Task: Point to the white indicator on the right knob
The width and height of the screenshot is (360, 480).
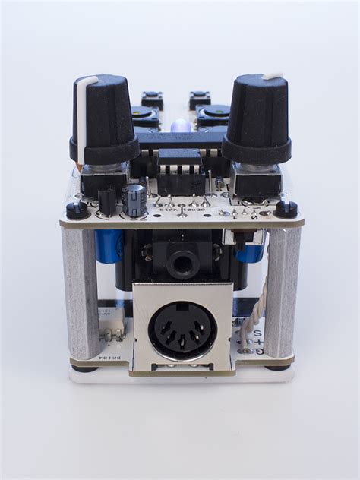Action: click(x=272, y=76)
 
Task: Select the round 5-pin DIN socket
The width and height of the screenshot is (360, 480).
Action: click(x=182, y=330)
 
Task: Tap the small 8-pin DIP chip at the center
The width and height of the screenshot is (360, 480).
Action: click(x=181, y=163)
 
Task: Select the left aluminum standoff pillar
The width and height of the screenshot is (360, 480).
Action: click(x=81, y=292)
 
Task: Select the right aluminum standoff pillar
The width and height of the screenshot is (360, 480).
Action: click(x=282, y=292)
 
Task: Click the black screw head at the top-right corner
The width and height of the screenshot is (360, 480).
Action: click(x=286, y=207)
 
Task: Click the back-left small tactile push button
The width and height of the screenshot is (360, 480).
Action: click(x=153, y=99)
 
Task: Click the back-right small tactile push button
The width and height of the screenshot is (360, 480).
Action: click(x=200, y=99)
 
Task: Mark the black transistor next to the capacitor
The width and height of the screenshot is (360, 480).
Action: click(x=108, y=199)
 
